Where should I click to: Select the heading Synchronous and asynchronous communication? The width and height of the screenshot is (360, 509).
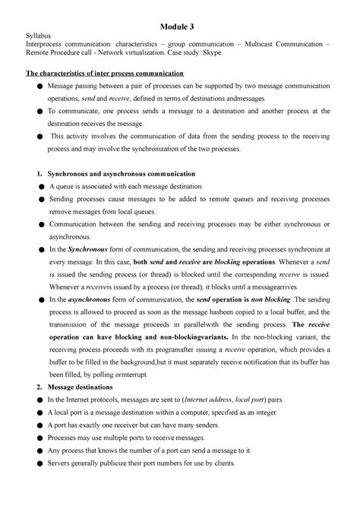[x=122, y=172]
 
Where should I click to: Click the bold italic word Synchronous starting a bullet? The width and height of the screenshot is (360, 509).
[x=88, y=248]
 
